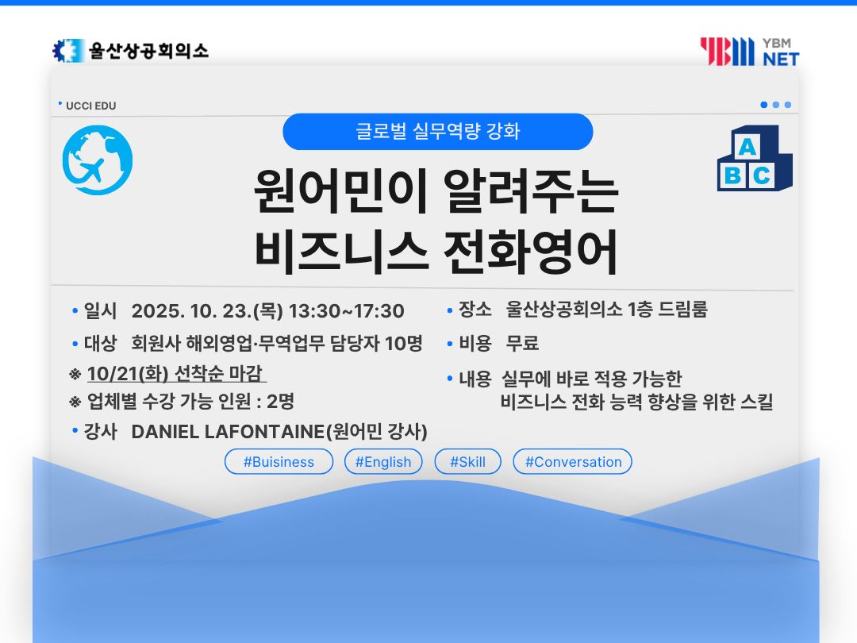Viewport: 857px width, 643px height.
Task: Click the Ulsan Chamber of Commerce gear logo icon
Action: pos(68,51)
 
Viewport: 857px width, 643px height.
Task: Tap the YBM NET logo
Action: pos(749,52)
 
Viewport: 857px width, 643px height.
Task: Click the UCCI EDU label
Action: pos(90,106)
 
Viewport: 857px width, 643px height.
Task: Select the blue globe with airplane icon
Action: pos(98,160)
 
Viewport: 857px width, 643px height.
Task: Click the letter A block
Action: pos(747,147)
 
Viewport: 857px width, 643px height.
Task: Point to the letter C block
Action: pos(761,176)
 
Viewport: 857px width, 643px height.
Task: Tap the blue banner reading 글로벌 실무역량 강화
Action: pos(438,132)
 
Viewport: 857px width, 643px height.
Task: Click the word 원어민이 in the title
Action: pos(340,191)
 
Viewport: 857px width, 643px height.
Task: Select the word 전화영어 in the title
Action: pos(530,252)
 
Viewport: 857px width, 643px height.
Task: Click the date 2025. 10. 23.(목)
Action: pos(207,311)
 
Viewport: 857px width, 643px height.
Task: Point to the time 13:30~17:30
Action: pos(347,311)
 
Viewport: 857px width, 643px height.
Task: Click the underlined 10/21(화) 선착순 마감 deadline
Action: pos(176,373)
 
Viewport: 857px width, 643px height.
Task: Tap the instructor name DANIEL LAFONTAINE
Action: pos(229,432)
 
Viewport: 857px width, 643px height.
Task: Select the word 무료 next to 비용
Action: pos(522,344)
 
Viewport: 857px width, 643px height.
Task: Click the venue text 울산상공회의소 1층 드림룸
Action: pos(607,310)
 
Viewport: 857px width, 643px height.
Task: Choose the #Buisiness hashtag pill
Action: pos(279,462)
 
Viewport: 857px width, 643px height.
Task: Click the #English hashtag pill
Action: pos(383,462)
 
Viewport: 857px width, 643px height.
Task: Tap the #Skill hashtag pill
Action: pos(468,462)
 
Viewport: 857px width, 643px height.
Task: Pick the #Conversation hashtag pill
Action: pos(573,462)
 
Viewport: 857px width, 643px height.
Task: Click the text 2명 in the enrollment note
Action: pos(280,402)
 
